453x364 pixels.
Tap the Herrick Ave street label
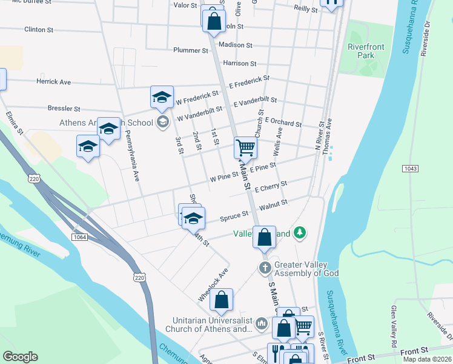pos(53,82)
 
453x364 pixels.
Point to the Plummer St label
pos(191,50)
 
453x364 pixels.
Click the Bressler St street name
pos(64,109)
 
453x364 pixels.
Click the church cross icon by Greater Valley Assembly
pos(265,268)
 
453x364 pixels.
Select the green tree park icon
pos(299,233)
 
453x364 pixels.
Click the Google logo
pos(21,357)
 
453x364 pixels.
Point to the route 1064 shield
pos(79,236)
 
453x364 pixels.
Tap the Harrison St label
pos(240,63)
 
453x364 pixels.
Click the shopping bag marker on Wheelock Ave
pos(222,299)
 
